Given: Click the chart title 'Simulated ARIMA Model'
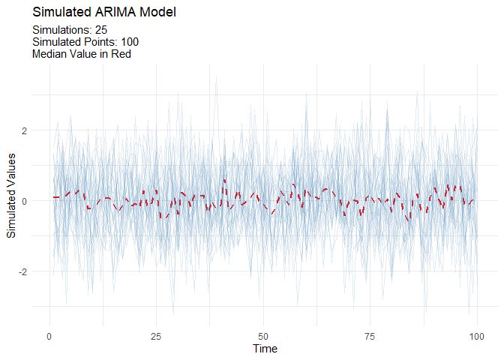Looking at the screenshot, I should point(104,13).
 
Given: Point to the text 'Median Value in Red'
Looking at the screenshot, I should point(82,54).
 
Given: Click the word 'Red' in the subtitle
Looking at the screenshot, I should point(121,54).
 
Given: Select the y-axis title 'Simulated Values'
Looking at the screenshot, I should point(12,194).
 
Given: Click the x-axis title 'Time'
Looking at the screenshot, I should point(265,349).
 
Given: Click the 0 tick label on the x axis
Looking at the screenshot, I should point(49,335).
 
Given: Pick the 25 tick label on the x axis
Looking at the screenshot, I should point(156,335).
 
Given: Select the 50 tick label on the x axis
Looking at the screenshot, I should point(263,335).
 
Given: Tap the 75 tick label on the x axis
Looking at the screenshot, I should point(370,335).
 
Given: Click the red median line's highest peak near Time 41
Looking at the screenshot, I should point(224,180).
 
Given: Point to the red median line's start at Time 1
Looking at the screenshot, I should point(54,197).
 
